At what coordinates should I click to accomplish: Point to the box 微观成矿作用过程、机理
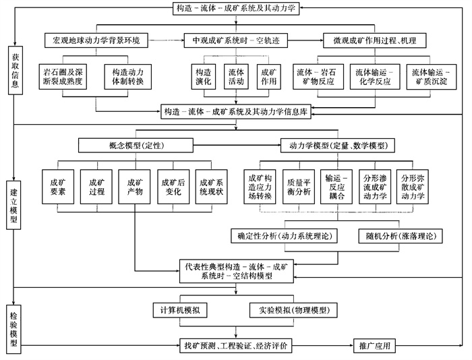(374, 40)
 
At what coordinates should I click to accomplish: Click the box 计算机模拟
(179, 311)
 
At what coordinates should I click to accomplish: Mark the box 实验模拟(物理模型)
(293, 311)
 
